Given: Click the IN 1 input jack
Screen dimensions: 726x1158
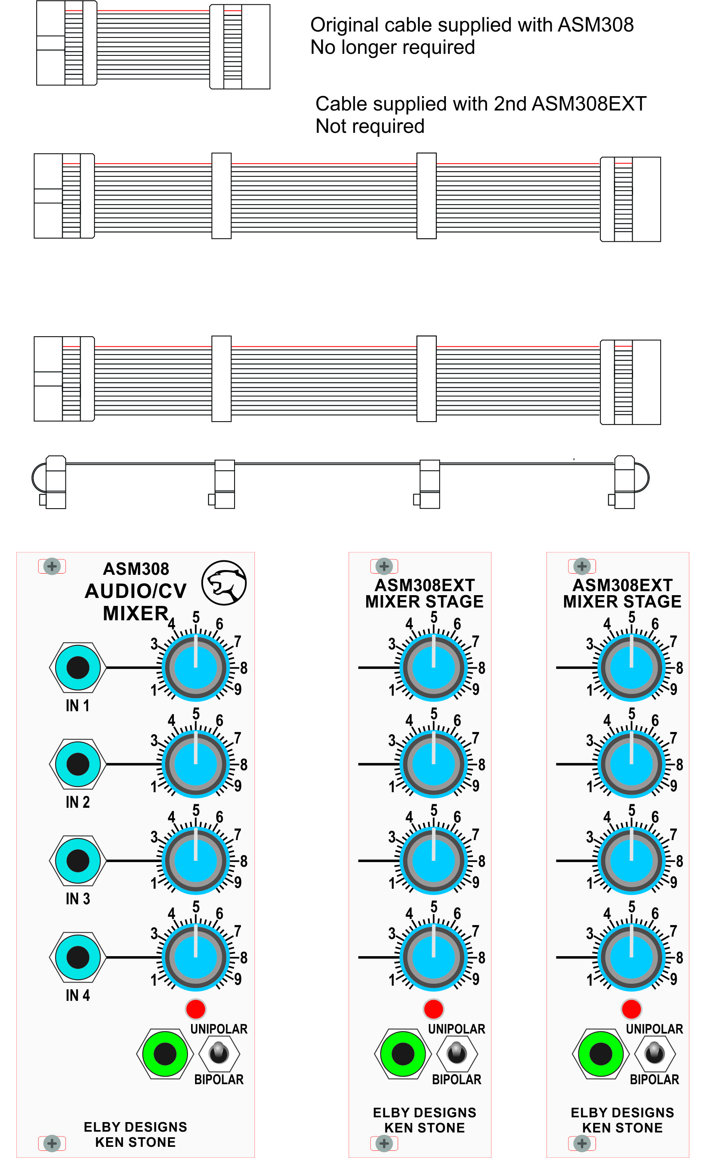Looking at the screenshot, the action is [x=78, y=667].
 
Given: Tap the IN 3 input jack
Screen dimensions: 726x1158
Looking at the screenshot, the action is [x=78, y=860].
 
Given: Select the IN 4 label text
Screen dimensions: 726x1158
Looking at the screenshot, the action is [x=78, y=995].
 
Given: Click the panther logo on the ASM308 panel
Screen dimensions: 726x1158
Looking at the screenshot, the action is [x=224, y=583].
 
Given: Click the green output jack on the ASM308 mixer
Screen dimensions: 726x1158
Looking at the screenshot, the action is [x=165, y=1054].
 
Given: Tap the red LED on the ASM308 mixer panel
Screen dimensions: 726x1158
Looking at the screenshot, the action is [x=195, y=1009].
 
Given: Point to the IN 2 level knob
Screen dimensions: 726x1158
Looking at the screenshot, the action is [x=195, y=763].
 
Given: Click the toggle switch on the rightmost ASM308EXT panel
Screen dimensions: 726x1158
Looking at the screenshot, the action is [x=655, y=1054].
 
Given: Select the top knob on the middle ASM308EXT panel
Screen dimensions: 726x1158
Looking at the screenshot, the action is [x=434, y=667].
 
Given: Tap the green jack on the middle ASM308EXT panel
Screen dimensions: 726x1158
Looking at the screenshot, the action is [x=402, y=1054].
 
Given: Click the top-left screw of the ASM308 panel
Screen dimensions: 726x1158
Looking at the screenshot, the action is [x=52, y=566].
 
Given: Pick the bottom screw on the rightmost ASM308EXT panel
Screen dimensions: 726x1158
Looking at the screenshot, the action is [x=582, y=1143].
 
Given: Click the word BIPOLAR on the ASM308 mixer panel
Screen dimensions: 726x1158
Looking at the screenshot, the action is [x=219, y=1079].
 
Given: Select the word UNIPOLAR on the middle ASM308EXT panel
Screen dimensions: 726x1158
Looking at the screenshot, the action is [x=457, y=1029].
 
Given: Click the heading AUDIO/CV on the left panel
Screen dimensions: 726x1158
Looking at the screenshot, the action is [x=135, y=591].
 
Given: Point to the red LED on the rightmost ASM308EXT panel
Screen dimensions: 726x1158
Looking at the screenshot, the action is [x=631, y=1009].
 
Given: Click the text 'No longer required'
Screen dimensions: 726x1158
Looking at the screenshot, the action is [x=393, y=47].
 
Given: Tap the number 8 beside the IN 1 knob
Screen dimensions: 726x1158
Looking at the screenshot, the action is [x=244, y=668].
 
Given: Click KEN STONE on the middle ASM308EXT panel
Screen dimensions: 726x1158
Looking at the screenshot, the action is [x=424, y=1128].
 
